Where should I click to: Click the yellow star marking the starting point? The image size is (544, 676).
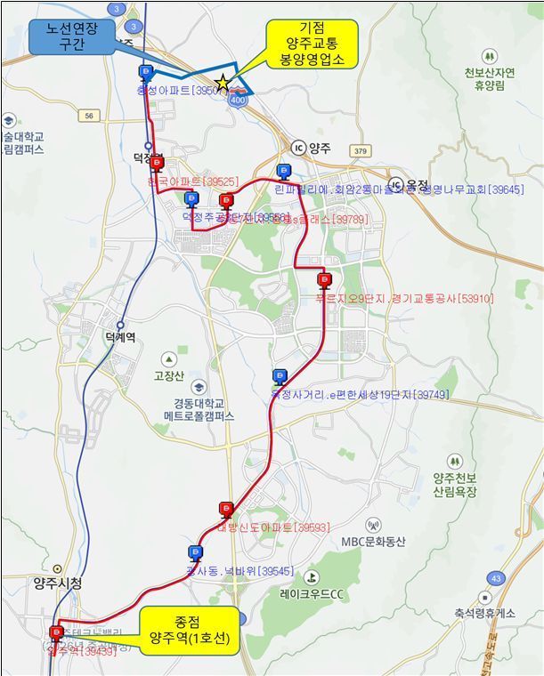[223, 83]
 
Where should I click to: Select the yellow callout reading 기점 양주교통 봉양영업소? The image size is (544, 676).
[312, 44]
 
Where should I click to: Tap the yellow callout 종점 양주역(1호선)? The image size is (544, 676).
[189, 631]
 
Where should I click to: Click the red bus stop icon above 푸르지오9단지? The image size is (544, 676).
[323, 280]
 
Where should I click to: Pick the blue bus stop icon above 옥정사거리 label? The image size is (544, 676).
[280, 376]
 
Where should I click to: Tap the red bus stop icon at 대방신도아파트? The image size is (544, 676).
[226, 509]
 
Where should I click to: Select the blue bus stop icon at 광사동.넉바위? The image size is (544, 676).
[194, 552]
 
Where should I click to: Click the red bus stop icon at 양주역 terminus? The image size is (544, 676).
[57, 633]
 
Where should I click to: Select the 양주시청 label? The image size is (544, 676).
[57, 583]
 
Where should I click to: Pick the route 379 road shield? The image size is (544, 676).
[360, 151]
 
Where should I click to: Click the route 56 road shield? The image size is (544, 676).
[88, 116]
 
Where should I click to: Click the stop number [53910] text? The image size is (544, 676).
[476, 299]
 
